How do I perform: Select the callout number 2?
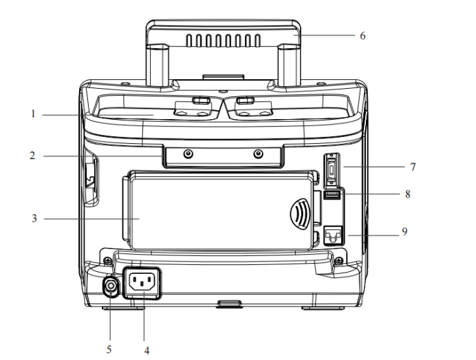(x=32, y=156)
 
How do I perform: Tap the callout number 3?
(x=32, y=219)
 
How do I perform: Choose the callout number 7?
(x=412, y=166)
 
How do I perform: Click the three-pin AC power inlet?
(x=142, y=282)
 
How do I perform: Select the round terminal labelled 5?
(x=109, y=286)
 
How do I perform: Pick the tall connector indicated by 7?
(x=331, y=169)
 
